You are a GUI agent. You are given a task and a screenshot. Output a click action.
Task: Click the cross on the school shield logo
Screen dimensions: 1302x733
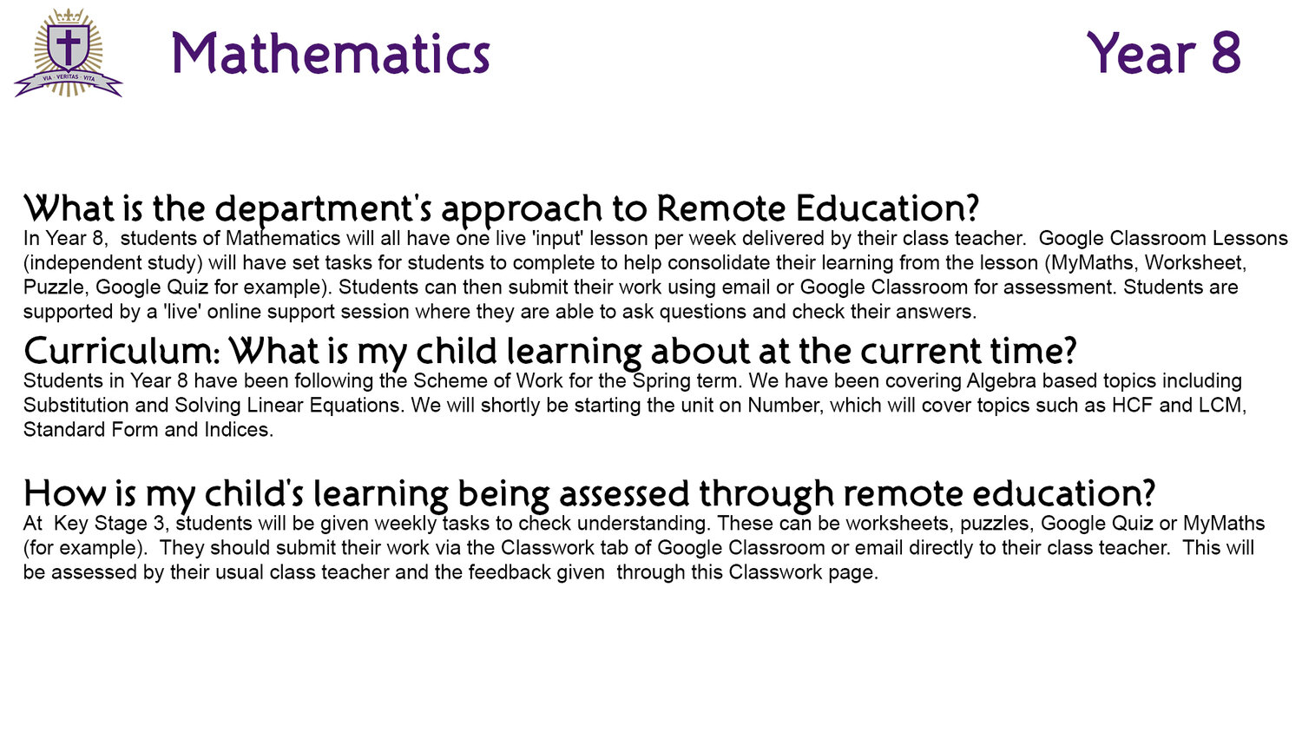pyautogui.click(x=68, y=47)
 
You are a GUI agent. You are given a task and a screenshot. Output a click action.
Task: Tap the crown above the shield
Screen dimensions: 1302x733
pyautogui.click(x=69, y=16)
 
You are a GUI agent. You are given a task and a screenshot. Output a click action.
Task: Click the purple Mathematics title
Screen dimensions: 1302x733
pyautogui.click(x=331, y=54)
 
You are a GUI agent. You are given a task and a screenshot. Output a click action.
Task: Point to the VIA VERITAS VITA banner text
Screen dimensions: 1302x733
pyautogui.click(x=69, y=77)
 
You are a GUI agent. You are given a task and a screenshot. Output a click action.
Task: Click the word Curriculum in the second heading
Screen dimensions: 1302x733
pyautogui.click(x=122, y=351)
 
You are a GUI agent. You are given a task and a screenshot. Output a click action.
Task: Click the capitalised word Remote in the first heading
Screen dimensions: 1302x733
pyautogui.click(x=721, y=208)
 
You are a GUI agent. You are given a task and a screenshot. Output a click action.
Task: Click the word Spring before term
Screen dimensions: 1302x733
pyautogui.click(x=659, y=382)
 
